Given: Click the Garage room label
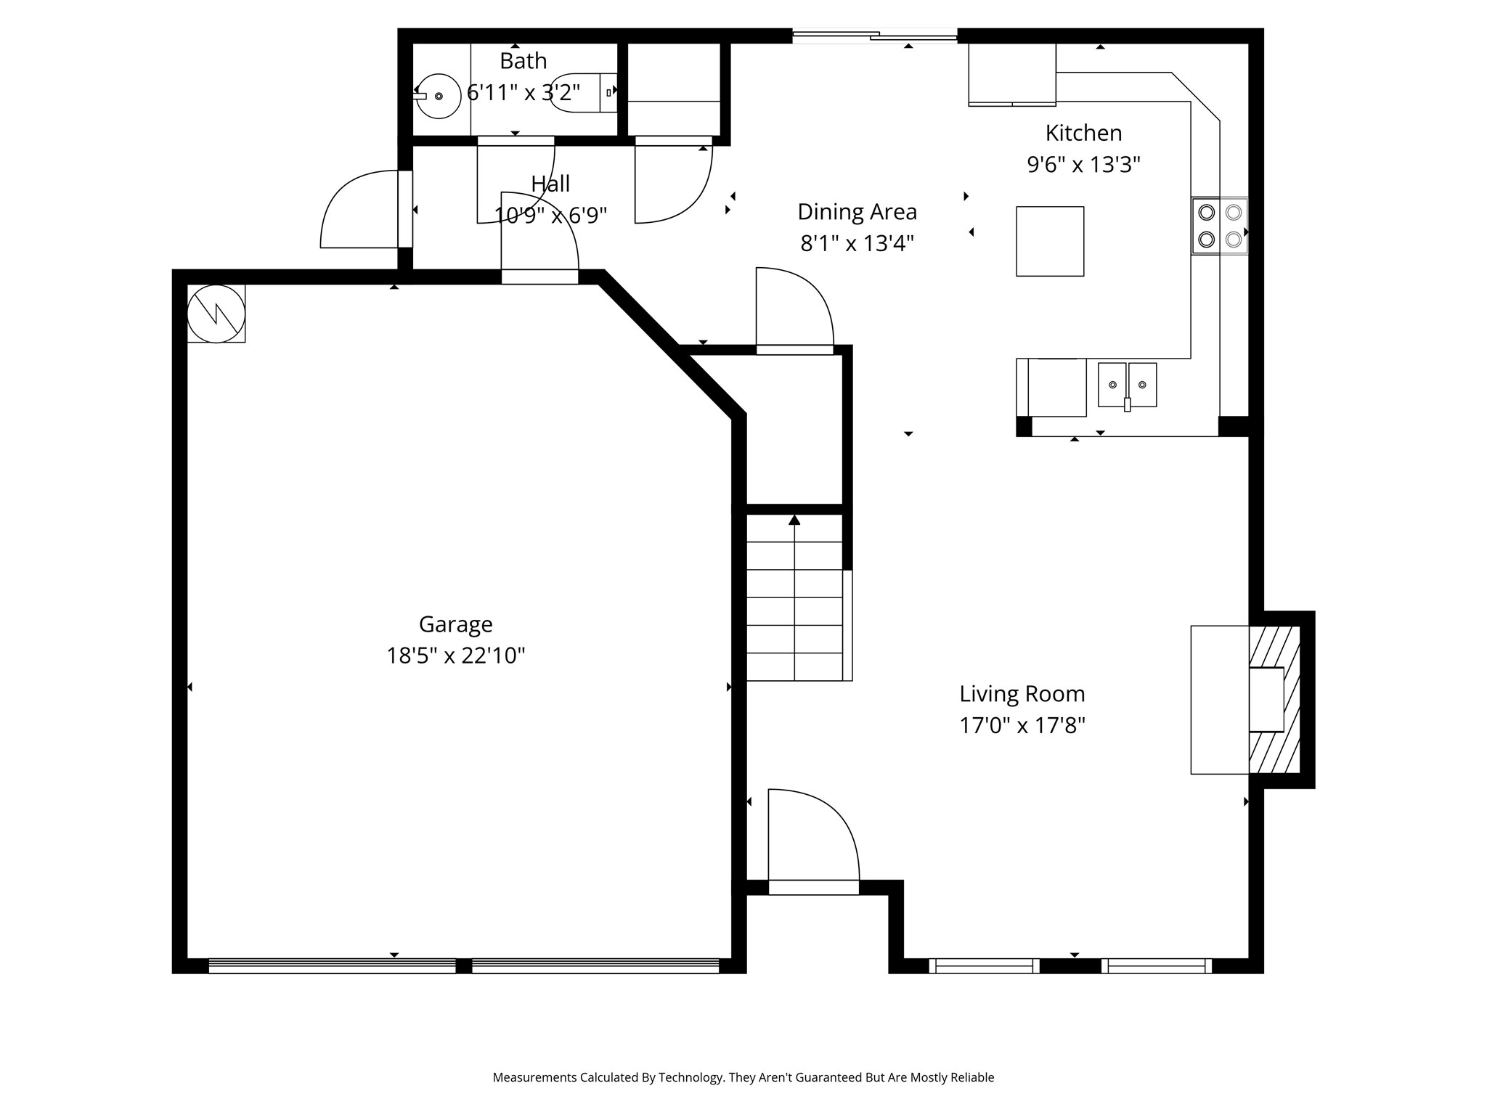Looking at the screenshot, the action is pos(455,624).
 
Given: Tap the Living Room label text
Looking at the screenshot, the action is pos(1022,694).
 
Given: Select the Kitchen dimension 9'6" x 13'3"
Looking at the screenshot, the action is pos(1083,165).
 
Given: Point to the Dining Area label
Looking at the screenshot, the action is pos(857,212).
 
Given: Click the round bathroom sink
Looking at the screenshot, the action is pos(439,96).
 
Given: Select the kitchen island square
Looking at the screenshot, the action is pos(1050,241).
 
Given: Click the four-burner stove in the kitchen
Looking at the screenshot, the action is pos(1220,226).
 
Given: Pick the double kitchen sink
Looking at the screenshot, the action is pos(1127,385).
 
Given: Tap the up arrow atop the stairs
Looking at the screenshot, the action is pos(794,520).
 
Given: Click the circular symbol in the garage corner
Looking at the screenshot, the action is pos(216,314).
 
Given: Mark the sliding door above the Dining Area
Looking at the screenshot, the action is pos(874,35).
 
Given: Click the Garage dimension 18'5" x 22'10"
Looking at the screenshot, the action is pos(455,655).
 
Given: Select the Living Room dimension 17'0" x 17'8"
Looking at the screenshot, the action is pos(1022,725).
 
